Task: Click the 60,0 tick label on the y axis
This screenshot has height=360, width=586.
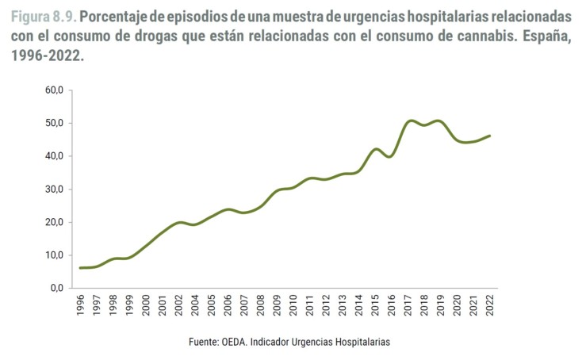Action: (53, 90)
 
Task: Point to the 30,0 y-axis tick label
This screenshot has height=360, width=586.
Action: (53, 190)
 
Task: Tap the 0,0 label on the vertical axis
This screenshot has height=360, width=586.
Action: (56, 289)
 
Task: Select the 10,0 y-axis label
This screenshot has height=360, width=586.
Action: (53, 255)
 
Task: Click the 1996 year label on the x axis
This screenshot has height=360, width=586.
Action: (81, 308)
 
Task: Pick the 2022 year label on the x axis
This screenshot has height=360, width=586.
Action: (489, 308)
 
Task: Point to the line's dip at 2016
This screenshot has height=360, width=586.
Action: (391, 156)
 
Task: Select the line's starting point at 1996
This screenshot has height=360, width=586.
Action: (81, 268)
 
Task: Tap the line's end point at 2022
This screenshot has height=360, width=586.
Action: (489, 136)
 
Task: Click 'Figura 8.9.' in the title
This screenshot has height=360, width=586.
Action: (44, 17)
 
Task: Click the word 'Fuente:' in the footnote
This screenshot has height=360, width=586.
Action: (205, 342)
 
